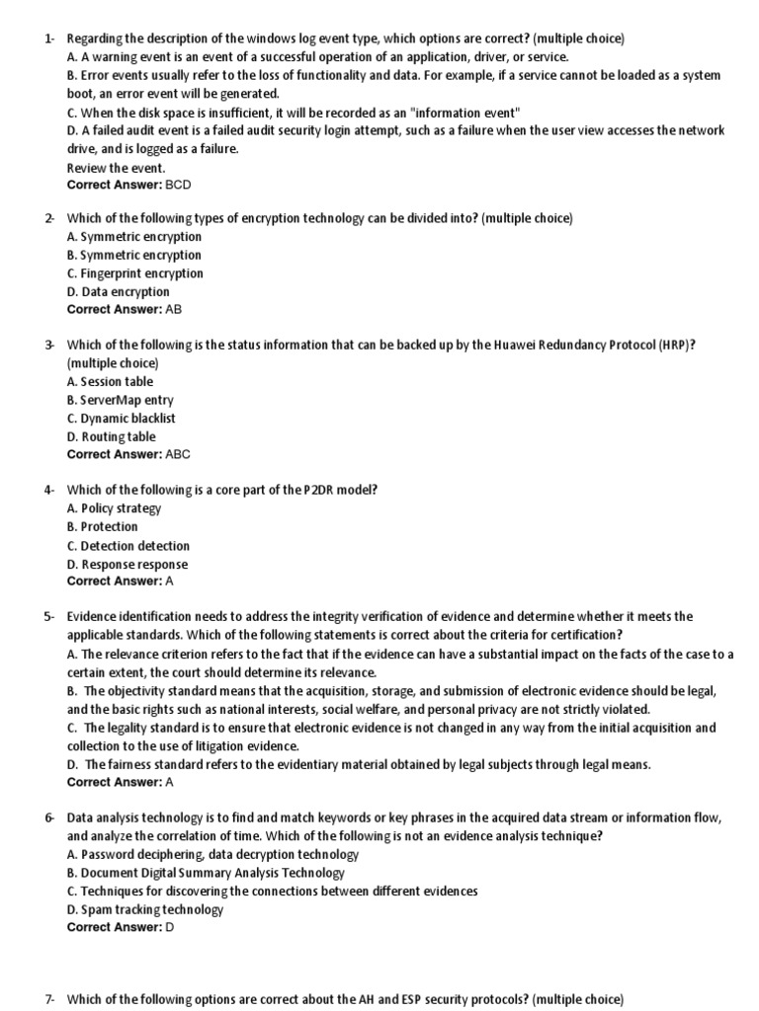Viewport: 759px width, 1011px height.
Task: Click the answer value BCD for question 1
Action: tap(178, 185)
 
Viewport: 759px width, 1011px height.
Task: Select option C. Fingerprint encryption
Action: tap(134, 273)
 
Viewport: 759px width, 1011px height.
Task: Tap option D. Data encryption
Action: tap(118, 291)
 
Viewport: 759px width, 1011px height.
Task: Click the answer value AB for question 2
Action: tap(174, 309)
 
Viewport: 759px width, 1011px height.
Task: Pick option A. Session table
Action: tap(110, 381)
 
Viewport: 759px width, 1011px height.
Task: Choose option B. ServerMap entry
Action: tap(120, 400)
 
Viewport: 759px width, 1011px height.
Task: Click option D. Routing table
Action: tap(111, 436)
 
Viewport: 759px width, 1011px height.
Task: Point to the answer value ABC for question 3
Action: tap(178, 454)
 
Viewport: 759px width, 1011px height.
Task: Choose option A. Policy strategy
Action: tap(114, 508)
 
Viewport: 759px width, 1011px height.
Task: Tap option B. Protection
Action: tap(102, 526)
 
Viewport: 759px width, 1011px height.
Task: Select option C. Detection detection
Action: tap(128, 545)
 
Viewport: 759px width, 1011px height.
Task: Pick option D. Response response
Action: tap(126, 564)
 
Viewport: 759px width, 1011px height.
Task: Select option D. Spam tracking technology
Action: tap(145, 909)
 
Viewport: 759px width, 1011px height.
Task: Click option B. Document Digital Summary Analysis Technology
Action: tap(206, 873)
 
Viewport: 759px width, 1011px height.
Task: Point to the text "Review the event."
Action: tap(116, 168)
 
